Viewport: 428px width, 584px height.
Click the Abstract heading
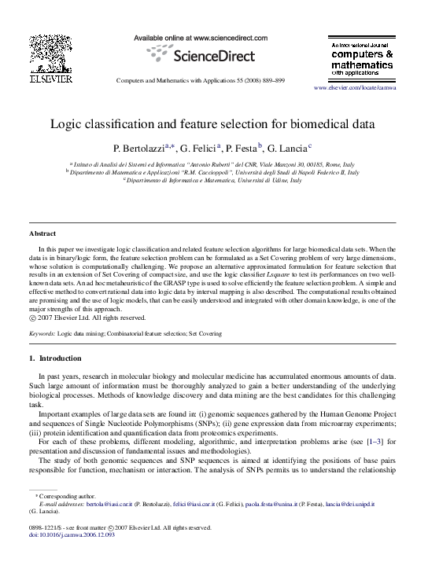coord(42,234)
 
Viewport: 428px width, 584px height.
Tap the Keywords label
coord(42,334)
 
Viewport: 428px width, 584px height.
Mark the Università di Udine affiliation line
coord(213,180)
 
